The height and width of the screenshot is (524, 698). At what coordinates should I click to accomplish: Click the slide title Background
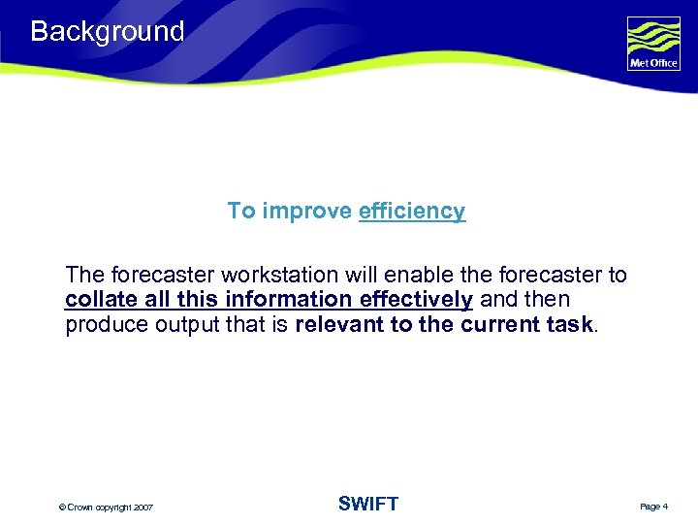[107, 31]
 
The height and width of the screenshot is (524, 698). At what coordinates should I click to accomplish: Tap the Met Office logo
[653, 44]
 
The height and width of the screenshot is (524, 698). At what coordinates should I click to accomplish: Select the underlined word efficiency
[412, 211]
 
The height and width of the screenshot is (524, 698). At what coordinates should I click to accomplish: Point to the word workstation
[265, 276]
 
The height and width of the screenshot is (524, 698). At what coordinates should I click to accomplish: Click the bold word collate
[101, 300]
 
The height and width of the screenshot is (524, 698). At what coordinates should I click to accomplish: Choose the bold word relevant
[338, 325]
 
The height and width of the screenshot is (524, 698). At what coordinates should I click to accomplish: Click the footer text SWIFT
[367, 504]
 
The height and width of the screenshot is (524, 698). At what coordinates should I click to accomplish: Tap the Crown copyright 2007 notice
[106, 508]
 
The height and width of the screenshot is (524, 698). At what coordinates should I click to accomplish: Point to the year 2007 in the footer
[143, 508]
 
